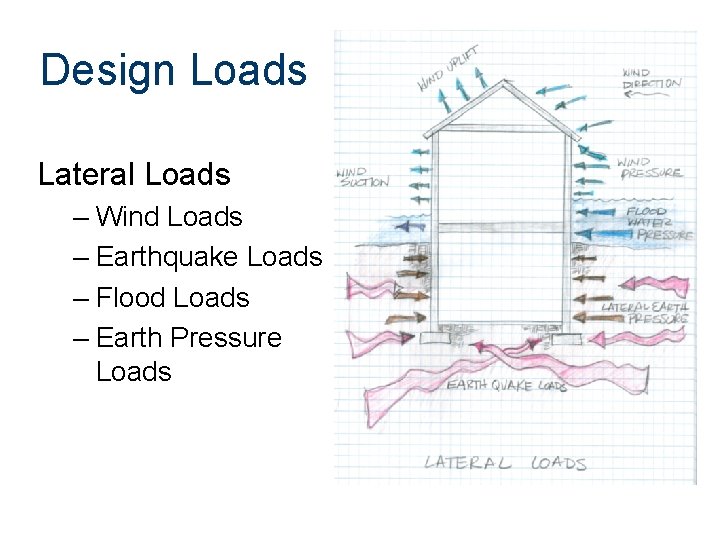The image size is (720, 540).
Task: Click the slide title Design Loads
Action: (x=173, y=70)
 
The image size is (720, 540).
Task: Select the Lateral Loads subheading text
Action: (x=134, y=175)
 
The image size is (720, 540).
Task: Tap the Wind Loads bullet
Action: (x=169, y=217)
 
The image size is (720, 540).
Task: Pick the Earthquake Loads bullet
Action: (x=209, y=257)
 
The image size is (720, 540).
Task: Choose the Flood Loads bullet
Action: (x=173, y=297)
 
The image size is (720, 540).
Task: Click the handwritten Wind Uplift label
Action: (x=447, y=67)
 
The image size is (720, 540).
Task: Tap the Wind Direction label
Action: (x=651, y=79)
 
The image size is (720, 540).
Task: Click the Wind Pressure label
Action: (x=650, y=167)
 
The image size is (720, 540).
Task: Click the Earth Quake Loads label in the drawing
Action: (x=507, y=385)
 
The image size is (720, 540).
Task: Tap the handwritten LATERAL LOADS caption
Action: (x=505, y=462)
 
